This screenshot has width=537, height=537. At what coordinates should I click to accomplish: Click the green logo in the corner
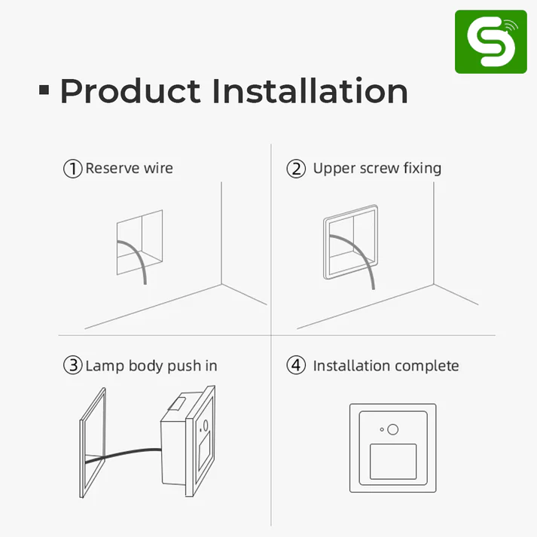tap(490, 42)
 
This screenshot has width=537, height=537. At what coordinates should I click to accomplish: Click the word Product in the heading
tap(130, 92)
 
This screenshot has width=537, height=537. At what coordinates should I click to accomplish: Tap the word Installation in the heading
tap(310, 91)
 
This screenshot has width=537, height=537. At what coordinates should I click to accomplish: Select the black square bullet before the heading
tap(44, 91)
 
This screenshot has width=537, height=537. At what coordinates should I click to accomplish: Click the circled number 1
tap(72, 168)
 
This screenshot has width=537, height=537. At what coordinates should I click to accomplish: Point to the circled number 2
tap(296, 168)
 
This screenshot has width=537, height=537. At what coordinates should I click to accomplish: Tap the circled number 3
tap(72, 366)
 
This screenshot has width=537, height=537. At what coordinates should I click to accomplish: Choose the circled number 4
tap(296, 366)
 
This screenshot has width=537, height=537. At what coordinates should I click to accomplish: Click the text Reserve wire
tap(129, 168)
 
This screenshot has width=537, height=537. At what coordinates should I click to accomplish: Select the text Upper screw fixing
tap(377, 168)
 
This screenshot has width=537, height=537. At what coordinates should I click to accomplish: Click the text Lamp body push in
tap(151, 366)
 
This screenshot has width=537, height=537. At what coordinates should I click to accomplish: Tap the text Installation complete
tap(386, 366)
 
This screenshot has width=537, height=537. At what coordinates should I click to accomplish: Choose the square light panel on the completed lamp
tap(393, 461)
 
